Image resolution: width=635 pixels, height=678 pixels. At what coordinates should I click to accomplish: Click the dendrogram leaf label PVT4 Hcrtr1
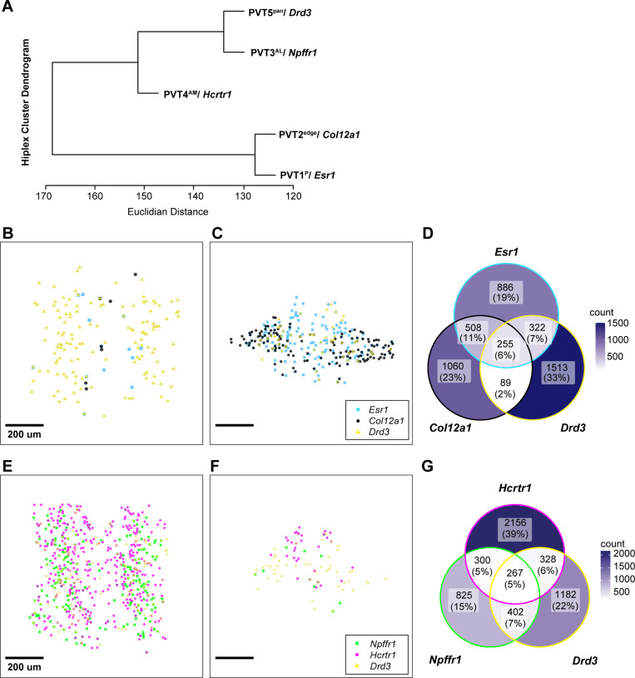tap(197, 95)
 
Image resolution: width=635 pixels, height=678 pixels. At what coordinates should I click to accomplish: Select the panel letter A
tap(8, 7)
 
